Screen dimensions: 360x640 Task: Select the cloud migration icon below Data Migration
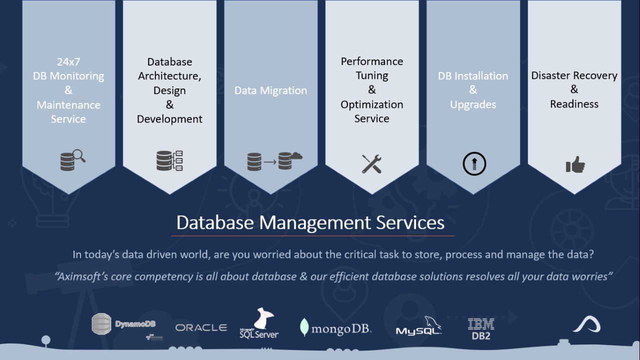click(274, 160)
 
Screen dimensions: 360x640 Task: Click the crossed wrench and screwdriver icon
click(372, 164)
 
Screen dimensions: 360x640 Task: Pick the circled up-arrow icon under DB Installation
click(474, 164)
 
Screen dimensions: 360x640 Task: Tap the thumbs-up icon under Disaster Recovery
click(575, 164)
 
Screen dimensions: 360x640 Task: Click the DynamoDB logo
click(123, 325)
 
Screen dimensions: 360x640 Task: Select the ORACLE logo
click(201, 327)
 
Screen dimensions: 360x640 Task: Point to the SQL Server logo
click(259, 324)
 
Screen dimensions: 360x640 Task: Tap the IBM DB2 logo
click(481, 329)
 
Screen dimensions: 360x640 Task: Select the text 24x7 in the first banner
click(68, 62)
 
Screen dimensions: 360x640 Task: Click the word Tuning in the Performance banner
click(372, 75)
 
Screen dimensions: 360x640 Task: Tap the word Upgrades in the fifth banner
click(473, 104)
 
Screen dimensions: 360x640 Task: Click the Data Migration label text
click(270, 90)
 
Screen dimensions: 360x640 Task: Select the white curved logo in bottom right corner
click(586, 325)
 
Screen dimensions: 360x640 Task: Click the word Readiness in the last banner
click(574, 104)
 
